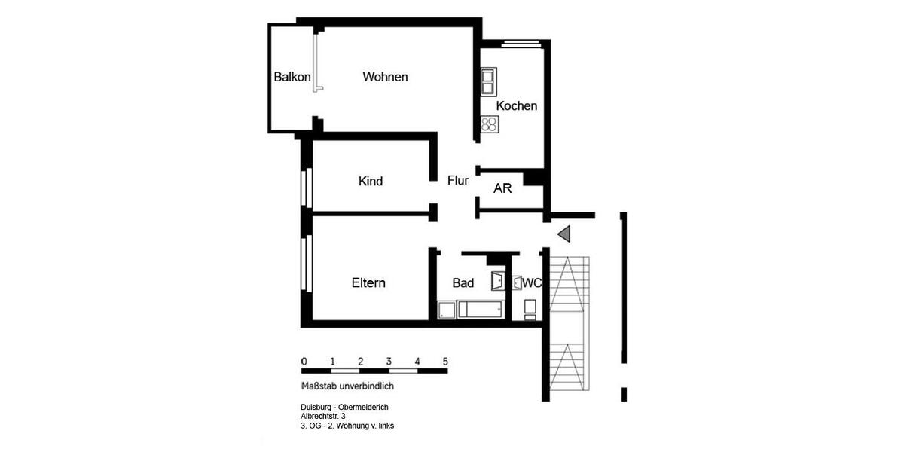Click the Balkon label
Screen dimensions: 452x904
[292, 77]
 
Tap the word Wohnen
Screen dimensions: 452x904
[385, 77]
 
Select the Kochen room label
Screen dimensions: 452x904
[516, 105]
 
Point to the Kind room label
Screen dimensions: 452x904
[371, 181]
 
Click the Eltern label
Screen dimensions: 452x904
[368, 283]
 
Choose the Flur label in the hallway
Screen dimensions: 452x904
[458, 180]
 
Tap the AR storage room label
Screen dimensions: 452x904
[502, 188]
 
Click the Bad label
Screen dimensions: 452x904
[463, 283]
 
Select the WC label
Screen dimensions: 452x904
[533, 283]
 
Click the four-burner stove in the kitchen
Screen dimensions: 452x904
[489, 124]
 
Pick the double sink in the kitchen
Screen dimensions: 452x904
[488, 78]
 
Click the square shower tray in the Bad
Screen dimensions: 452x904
[446, 310]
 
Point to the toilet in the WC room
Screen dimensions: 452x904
[530, 308]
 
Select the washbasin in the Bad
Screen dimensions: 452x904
[497, 282]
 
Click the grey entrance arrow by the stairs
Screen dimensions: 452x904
[564, 234]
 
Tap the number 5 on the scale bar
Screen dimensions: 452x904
[445, 360]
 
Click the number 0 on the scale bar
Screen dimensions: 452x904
[304, 360]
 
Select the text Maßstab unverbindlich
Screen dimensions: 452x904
[347, 386]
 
